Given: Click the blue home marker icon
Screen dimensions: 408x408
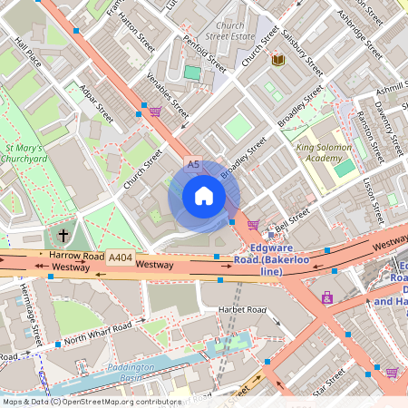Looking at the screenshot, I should (x=203, y=196).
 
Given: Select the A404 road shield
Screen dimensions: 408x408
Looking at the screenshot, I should (x=120, y=258).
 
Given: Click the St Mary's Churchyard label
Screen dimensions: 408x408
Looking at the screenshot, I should (x=26, y=153).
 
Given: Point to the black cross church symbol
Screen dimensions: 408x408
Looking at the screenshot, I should (x=63, y=235).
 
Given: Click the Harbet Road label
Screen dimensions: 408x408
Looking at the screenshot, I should (x=242, y=310).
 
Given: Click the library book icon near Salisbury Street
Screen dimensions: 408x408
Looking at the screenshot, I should (x=278, y=59).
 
